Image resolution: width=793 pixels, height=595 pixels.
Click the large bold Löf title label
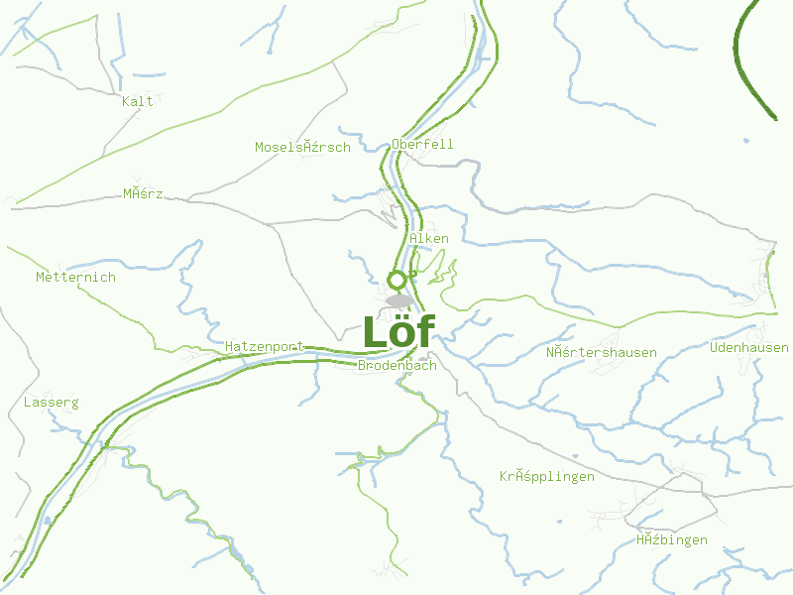coord(397,332)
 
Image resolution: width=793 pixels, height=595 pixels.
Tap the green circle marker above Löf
coord(397,280)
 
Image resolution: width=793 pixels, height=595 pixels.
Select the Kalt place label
coord(138,101)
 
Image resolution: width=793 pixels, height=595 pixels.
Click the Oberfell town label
coord(422,144)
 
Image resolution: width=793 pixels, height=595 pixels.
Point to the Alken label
coord(428,238)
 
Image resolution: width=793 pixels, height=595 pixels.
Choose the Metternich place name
coord(75,277)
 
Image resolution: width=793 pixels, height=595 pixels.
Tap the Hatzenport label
coord(264,346)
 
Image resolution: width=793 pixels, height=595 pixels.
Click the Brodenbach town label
coord(396,365)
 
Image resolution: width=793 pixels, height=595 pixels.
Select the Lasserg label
coord(51,403)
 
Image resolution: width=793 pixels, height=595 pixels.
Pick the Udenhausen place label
coord(748,347)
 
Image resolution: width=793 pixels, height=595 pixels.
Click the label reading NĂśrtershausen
coord(601,352)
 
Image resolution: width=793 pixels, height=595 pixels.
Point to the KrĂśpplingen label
coord(546,476)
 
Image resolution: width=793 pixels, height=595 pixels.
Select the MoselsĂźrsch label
coord(302,147)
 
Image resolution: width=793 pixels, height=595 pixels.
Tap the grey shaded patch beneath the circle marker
coord(399,300)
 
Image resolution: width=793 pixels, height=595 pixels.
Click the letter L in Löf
coord(374,332)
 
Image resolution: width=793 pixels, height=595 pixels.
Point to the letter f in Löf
coord(423,332)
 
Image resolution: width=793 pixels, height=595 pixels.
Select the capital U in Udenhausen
coord(714,347)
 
